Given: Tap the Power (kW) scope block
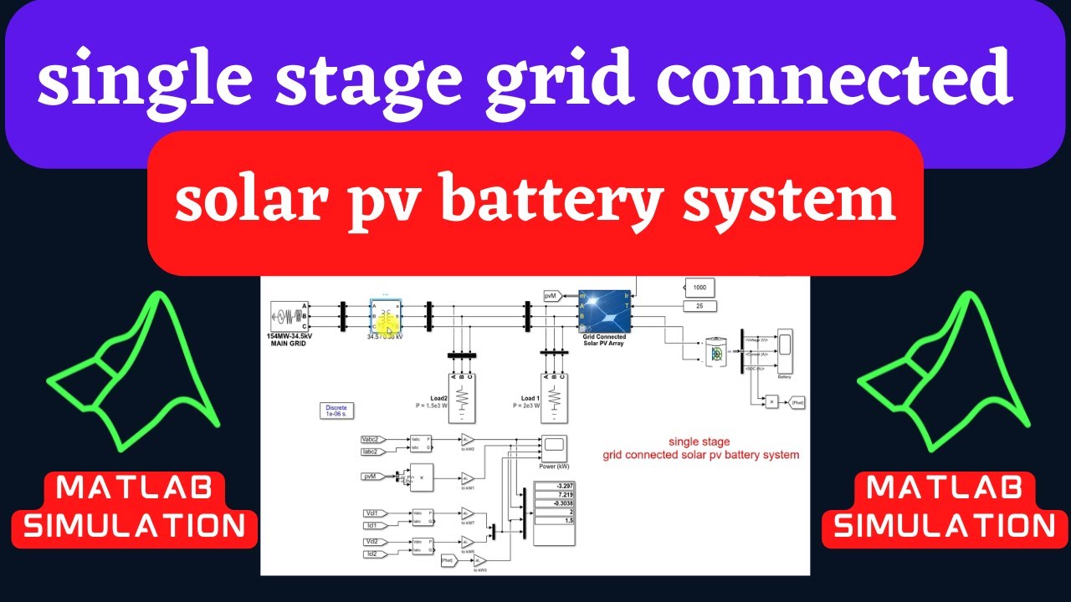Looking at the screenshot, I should [553, 447].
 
